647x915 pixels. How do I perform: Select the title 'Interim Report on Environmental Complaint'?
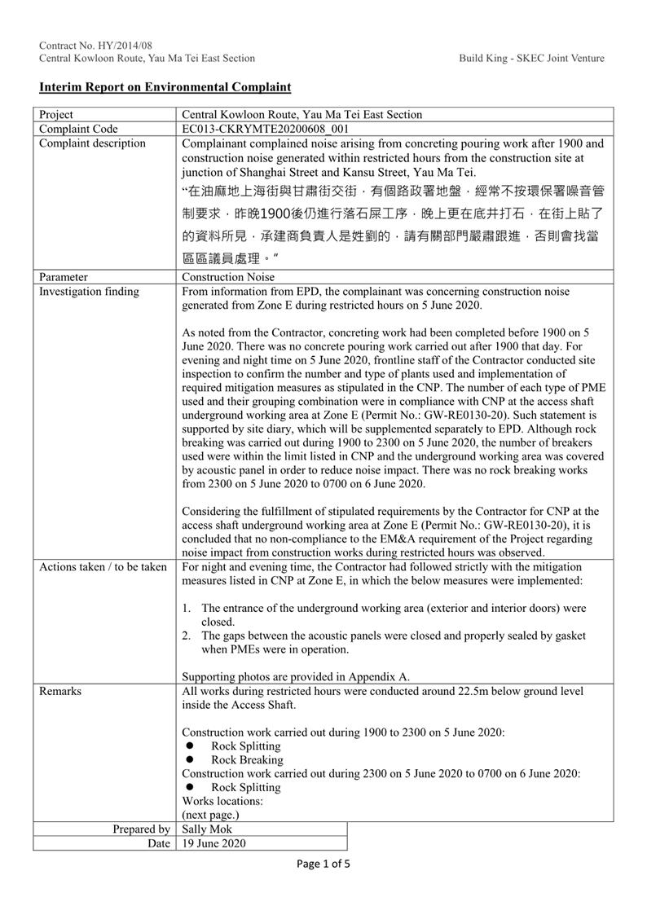pos(165,86)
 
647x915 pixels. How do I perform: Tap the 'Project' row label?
pos(55,115)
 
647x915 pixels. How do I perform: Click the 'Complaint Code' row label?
pos(78,129)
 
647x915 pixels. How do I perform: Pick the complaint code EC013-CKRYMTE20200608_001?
pos(266,129)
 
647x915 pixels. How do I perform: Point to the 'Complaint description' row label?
pos(92,143)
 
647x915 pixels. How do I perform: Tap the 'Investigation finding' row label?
pos(89,291)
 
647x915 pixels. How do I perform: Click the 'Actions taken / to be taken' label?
pos(103,566)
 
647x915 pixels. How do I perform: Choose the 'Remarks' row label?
pos(60,691)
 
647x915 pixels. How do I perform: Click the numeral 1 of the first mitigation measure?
pos(186,608)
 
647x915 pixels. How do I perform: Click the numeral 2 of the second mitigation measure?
pos(186,635)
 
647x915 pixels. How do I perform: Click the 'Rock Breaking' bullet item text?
pos(247,759)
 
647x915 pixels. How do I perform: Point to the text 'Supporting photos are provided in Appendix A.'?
pos(296,676)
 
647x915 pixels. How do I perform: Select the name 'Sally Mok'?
pos(206,829)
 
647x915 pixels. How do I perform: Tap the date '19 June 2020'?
pos(213,843)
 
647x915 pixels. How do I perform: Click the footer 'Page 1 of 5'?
pos(323,864)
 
